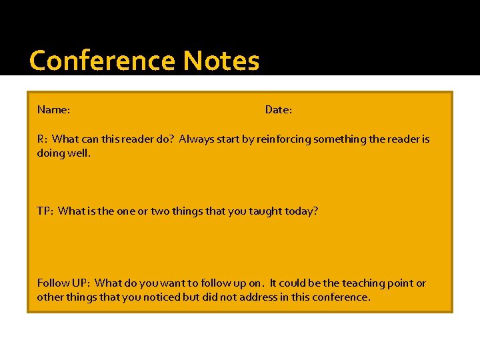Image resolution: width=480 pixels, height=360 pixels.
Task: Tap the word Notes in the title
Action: pyautogui.click(x=221, y=61)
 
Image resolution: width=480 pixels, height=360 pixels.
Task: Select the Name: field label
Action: pyautogui.click(x=54, y=109)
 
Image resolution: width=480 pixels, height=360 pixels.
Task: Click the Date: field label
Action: pyautogui.click(x=279, y=109)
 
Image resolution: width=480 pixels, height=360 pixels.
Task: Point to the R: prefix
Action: pyautogui.click(x=42, y=139)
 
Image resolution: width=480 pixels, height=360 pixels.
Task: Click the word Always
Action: pyautogui.click(x=197, y=139)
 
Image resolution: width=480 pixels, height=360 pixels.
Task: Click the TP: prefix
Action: pyautogui.click(x=45, y=211)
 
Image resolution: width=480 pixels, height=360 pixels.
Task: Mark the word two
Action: pyautogui.click(x=161, y=211)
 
